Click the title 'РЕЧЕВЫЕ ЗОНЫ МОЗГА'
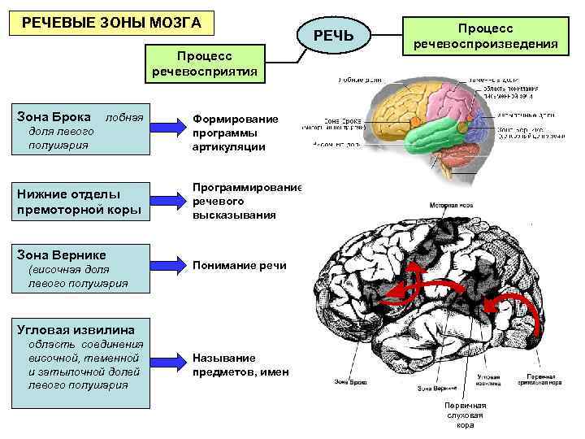pos(111,21)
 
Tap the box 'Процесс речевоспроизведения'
pos(485,36)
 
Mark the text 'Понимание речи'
pos(239,265)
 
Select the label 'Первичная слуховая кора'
pos(465,415)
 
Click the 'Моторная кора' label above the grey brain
pos(452,206)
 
